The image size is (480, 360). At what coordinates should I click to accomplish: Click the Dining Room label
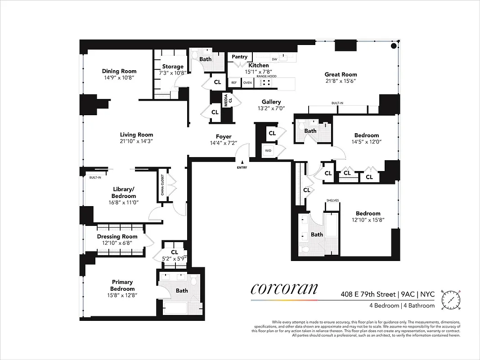tap(119, 71)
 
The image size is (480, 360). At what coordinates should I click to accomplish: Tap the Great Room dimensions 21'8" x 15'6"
tap(341, 81)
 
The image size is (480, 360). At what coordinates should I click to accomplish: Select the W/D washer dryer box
tap(268, 151)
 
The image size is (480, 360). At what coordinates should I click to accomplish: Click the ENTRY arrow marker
tap(242, 162)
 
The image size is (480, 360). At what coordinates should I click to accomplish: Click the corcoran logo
tap(284, 288)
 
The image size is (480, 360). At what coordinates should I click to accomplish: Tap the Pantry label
tap(240, 57)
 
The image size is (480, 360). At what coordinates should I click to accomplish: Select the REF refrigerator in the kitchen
tap(234, 83)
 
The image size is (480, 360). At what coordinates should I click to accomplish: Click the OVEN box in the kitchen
tap(247, 83)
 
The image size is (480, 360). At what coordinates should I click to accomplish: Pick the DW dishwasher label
tap(274, 59)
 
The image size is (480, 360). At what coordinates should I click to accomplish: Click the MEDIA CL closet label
tap(226, 98)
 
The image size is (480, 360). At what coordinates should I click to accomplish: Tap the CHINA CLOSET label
tap(162, 184)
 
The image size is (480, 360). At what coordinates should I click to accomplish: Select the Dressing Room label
tap(117, 237)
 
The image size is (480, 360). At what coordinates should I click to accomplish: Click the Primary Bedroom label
tap(122, 286)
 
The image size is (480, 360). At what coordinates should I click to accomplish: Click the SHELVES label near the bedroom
tap(332, 201)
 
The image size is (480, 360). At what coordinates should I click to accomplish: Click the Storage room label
tap(173, 67)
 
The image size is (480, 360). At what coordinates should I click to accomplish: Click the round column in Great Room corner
tap(394, 46)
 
